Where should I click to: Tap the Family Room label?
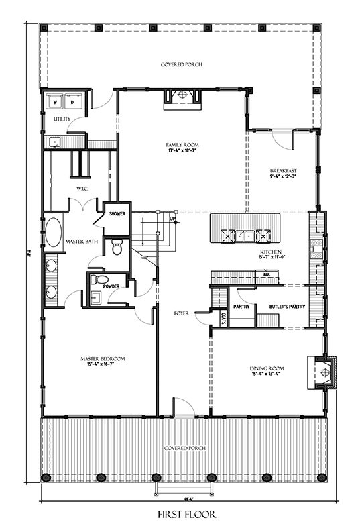[x=182, y=144]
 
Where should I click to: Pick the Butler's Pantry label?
[x=284, y=306]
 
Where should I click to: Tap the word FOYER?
[x=181, y=313]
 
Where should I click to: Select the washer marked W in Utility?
[x=55, y=102]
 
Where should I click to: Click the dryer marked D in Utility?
[x=72, y=102]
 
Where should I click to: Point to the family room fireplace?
[x=182, y=97]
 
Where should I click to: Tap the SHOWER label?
[x=118, y=214]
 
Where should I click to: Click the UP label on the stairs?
[x=173, y=219]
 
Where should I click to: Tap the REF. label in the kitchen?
[x=266, y=274]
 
